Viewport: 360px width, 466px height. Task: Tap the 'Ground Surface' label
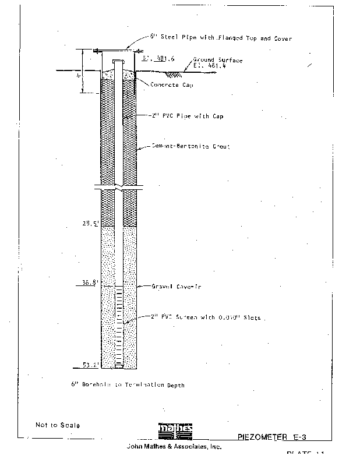(217, 61)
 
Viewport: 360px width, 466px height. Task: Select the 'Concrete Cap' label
(172, 85)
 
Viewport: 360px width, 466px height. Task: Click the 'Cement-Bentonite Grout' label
(190, 147)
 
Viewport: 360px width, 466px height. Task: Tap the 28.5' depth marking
(90, 224)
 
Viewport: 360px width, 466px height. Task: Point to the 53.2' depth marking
(90, 365)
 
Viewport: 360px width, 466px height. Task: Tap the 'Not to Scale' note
(58, 425)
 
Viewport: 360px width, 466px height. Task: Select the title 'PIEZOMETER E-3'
(274, 436)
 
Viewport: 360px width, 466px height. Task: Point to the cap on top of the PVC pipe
(119, 61)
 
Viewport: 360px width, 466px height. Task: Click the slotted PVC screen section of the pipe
(119, 326)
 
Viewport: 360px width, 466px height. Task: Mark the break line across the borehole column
(119, 189)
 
